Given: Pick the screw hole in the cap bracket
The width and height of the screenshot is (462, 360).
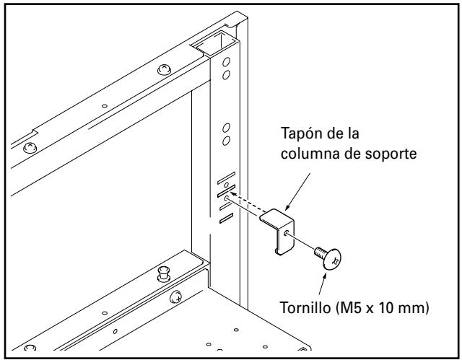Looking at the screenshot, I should pyautogui.click(x=288, y=232).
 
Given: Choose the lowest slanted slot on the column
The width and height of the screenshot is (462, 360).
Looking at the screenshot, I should pyautogui.click(x=225, y=217).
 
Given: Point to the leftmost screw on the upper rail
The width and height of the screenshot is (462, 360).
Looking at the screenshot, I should pyautogui.click(x=30, y=148).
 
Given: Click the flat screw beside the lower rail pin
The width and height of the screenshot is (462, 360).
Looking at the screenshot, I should pyautogui.click(x=175, y=294).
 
